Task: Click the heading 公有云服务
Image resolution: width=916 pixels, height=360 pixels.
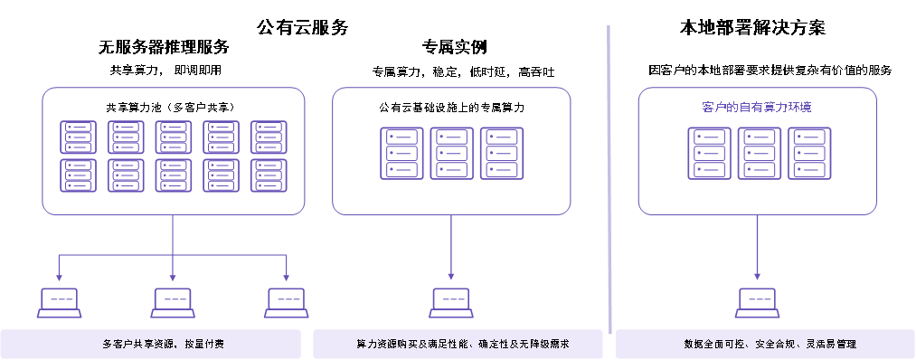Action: [302, 27]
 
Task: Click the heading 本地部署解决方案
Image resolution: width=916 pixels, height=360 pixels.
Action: [752, 27]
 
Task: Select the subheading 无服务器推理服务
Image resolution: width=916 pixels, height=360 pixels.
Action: [164, 47]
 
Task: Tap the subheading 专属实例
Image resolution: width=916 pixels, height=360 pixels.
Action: [454, 47]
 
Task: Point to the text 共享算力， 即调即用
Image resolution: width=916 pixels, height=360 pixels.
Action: [165, 71]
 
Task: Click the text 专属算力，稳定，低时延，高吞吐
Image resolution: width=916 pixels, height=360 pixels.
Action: [463, 71]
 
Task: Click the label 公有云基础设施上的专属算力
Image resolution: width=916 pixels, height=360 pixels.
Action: [451, 109]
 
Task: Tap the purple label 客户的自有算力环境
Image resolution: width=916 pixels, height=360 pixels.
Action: [756, 108]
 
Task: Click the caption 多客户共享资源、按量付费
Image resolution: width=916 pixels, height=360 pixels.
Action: [163, 344]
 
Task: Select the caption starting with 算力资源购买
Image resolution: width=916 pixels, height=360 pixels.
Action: [463, 344]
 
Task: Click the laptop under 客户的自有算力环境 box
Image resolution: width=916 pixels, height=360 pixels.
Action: [757, 303]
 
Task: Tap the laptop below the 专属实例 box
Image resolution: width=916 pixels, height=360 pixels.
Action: [451, 303]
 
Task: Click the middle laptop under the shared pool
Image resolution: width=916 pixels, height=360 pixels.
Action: [173, 303]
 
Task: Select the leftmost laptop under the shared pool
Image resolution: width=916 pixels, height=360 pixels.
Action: [60, 303]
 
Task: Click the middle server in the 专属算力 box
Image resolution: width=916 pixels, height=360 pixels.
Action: [451, 154]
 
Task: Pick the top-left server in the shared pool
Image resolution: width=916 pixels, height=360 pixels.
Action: [79, 137]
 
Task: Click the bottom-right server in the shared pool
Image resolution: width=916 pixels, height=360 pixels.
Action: [269, 175]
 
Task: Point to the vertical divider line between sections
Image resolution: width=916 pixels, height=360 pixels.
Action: [609, 180]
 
